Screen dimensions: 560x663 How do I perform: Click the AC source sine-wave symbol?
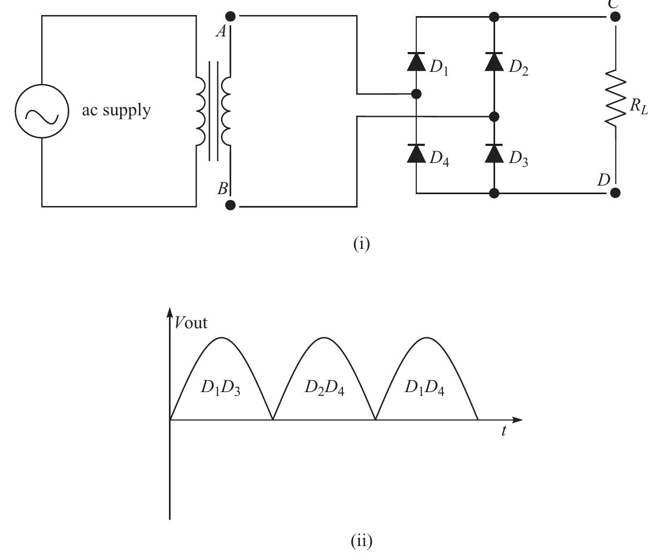point(42,112)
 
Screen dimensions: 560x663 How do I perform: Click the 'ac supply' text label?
point(116,110)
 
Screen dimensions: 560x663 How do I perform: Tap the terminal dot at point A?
point(231,16)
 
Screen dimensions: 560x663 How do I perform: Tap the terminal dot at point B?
point(231,205)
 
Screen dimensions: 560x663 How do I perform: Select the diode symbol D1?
point(416,62)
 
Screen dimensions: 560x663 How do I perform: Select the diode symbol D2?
point(494,62)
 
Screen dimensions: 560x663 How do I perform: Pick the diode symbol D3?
point(494,154)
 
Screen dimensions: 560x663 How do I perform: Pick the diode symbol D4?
point(416,154)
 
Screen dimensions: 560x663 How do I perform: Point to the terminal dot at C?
point(615,17)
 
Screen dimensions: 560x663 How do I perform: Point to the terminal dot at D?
point(615,192)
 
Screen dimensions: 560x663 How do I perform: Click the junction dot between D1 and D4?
point(416,94)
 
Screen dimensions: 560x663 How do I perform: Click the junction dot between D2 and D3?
point(495,116)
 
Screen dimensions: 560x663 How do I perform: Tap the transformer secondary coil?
point(226,111)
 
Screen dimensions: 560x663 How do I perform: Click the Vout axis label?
point(191,322)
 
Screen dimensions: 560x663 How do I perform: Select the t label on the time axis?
point(504,431)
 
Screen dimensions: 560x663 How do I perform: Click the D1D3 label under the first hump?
point(220,388)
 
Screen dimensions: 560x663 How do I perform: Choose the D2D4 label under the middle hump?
point(324,387)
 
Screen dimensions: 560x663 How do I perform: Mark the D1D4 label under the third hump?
point(424,387)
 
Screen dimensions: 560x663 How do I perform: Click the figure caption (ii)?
point(362,540)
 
